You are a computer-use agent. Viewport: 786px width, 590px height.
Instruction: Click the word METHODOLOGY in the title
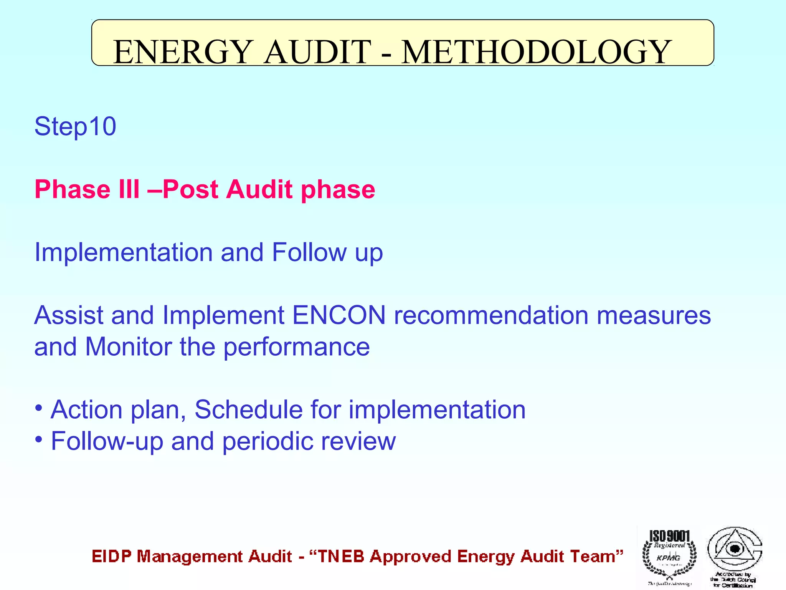coord(536,52)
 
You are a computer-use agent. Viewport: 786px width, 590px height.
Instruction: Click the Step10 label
coord(75,126)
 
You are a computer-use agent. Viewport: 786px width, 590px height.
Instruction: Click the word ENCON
coord(339,315)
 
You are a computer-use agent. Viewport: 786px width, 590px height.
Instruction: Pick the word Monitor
coord(129,347)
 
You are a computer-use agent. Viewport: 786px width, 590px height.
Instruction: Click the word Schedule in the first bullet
coord(248,409)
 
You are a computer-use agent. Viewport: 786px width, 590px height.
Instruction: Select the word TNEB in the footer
coord(341,557)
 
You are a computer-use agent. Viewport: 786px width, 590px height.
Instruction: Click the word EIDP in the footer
coord(112,557)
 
